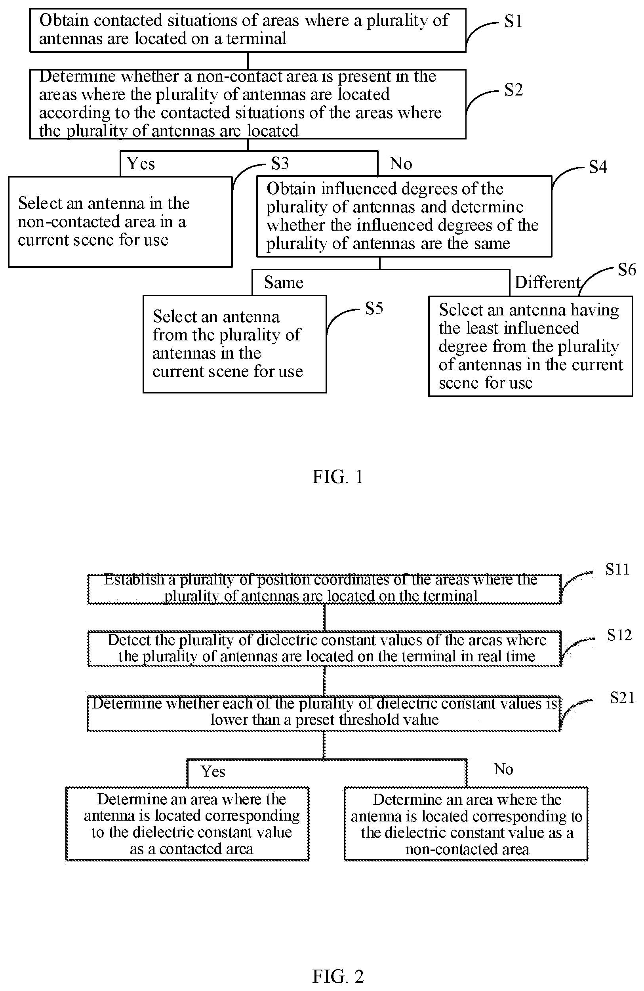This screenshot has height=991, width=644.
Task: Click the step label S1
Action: (x=513, y=21)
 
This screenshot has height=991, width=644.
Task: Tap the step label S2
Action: (x=513, y=90)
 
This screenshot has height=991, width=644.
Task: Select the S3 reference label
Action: (x=280, y=163)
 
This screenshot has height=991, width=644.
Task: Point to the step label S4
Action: (x=598, y=167)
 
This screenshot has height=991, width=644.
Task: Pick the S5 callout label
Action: (x=374, y=309)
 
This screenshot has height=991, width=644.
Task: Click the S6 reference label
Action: (x=627, y=270)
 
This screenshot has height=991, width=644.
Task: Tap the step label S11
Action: (x=617, y=569)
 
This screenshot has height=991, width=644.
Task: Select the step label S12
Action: (x=619, y=635)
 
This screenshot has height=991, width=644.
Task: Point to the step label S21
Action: (x=622, y=697)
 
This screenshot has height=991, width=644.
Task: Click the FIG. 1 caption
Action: (x=337, y=477)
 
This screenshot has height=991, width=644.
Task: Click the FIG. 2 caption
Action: (x=337, y=976)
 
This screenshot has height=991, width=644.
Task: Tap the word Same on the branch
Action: (x=284, y=283)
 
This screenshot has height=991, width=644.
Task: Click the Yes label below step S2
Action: (x=141, y=164)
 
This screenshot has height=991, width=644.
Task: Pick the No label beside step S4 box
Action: (x=401, y=164)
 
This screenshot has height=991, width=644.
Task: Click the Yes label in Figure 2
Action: (x=213, y=771)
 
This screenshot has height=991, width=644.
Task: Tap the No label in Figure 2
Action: (x=503, y=769)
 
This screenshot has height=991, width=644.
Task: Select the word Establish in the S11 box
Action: (x=133, y=579)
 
